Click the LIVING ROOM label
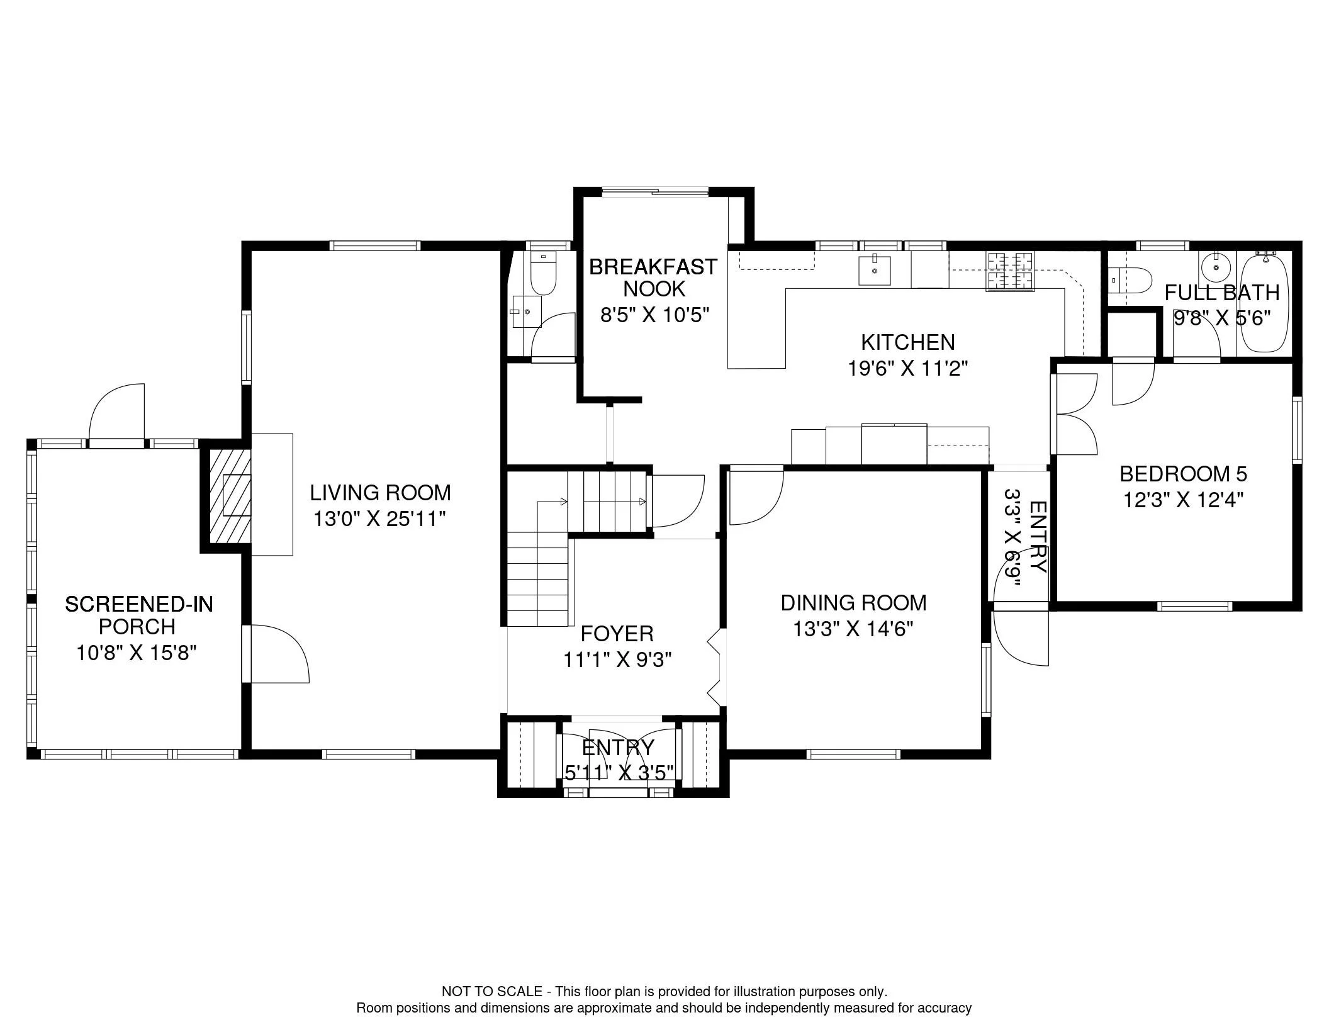coord(380,492)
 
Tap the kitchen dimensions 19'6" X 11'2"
coord(907,368)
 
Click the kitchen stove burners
coord(1010,271)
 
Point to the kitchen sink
coord(875,271)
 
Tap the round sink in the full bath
coord(1216,267)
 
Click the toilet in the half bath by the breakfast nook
coord(542,273)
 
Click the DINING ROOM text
coord(853,603)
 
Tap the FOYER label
coord(617,633)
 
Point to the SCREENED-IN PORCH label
coord(138,615)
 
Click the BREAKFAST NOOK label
coord(653,278)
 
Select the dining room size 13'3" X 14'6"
coord(853,629)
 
